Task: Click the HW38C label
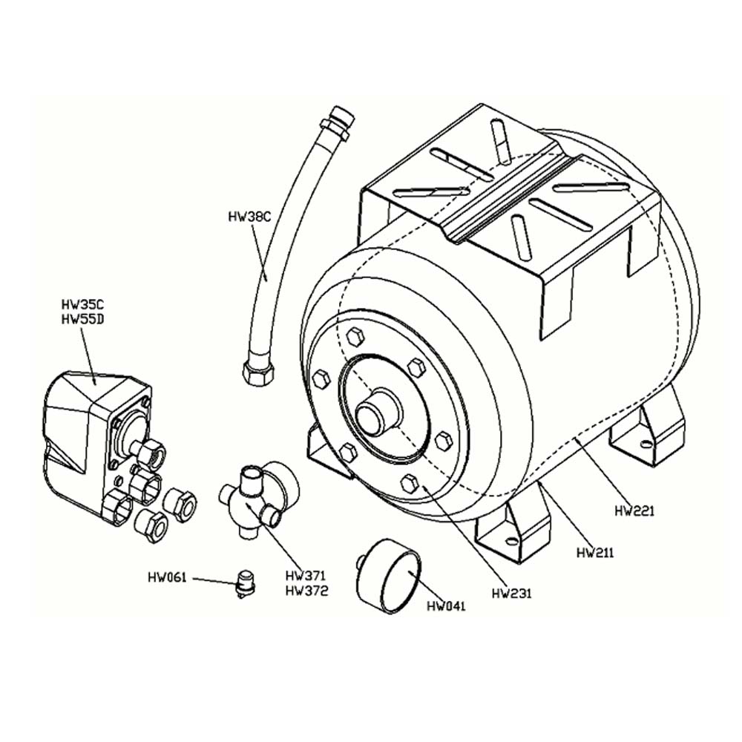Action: pyautogui.click(x=250, y=217)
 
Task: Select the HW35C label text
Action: pyautogui.click(x=81, y=304)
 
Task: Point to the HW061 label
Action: pyautogui.click(x=167, y=577)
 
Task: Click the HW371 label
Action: pyautogui.click(x=306, y=576)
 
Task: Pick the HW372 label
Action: pyautogui.click(x=306, y=591)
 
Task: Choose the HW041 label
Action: pyautogui.click(x=446, y=606)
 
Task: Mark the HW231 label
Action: pyautogui.click(x=512, y=593)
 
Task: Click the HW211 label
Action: pyautogui.click(x=597, y=552)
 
